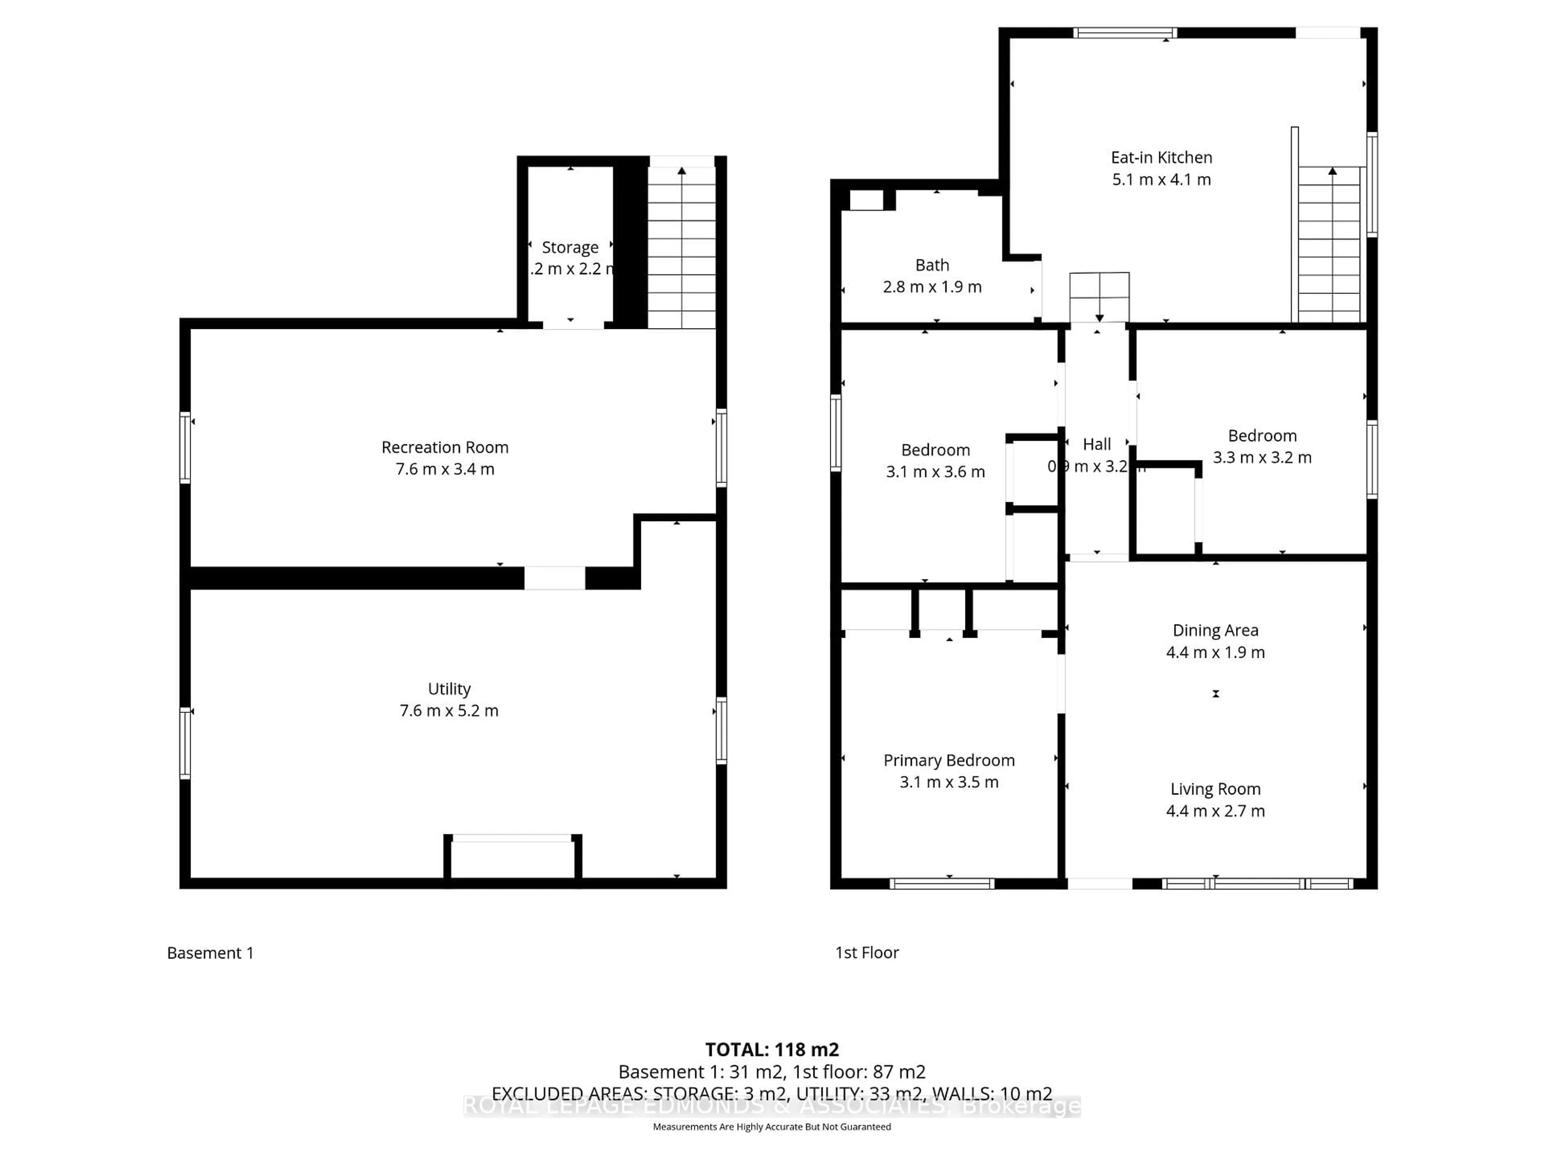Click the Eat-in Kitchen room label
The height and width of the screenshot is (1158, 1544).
click(1161, 158)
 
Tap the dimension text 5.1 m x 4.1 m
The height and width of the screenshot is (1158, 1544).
click(1161, 179)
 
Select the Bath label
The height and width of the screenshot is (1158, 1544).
click(932, 265)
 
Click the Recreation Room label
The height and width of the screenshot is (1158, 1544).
click(445, 448)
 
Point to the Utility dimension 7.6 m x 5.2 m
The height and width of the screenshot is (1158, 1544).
click(449, 710)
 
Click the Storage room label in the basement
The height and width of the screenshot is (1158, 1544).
click(570, 247)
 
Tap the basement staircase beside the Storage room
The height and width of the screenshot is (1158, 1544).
click(681, 248)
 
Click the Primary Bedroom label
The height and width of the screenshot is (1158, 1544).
click(949, 760)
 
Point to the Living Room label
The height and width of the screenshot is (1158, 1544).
click(1215, 789)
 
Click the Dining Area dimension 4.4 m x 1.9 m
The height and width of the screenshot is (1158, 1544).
click(1215, 652)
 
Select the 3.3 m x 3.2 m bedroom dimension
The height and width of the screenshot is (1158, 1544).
click(1262, 457)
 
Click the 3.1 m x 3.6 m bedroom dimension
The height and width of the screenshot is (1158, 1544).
click(935, 472)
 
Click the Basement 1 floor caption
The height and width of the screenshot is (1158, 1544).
click(210, 953)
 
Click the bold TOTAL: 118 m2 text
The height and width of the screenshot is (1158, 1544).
click(771, 1050)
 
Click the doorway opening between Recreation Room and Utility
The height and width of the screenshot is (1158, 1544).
click(554, 578)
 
